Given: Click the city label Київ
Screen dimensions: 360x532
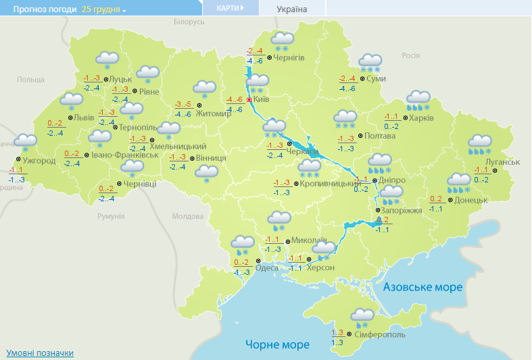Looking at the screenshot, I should [262, 99].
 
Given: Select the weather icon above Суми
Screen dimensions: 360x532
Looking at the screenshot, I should [370, 63].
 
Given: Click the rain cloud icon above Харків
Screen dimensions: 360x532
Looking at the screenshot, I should [418, 101].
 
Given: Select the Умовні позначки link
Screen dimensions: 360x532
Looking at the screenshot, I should [40, 353].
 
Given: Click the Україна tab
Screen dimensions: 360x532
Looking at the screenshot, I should [292, 9].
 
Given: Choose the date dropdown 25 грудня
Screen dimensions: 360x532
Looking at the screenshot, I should [104, 9].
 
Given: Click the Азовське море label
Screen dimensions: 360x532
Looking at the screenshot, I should [422, 287].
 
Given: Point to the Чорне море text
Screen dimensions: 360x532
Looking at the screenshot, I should [277, 344].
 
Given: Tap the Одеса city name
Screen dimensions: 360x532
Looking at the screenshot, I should [267, 268].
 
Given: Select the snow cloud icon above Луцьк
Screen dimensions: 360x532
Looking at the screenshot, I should [107, 60].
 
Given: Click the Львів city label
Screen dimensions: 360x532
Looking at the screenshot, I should [84, 117].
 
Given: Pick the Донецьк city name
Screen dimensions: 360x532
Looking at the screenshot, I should [471, 200].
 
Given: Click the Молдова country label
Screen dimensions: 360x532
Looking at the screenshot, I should [187, 216].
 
